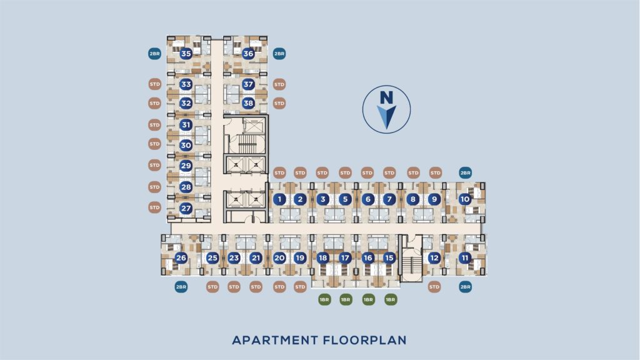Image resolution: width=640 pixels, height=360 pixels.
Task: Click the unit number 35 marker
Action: [x=186, y=54]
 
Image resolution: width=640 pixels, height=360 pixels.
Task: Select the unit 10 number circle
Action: [x=465, y=199]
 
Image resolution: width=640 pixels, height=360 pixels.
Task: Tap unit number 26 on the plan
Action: [x=181, y=257]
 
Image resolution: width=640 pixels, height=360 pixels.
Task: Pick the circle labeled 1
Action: [x=279, y=199]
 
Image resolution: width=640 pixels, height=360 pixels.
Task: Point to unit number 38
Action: [x=248, y=103]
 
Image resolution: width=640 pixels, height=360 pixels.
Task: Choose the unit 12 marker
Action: [x=434, y=257]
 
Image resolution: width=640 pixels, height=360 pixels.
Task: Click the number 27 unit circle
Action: [x=186, y=208]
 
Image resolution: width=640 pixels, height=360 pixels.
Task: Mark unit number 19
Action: [x=300, y=257]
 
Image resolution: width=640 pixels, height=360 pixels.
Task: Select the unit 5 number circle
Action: [x=345, y=199]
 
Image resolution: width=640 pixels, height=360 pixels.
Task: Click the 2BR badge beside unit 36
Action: [x=279, y=54]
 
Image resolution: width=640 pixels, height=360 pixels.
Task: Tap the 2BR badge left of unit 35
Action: [x=155, y=54]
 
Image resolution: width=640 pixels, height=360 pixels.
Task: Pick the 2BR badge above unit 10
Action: [x=465, y=172]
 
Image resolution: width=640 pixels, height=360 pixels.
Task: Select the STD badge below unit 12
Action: [x=434, y=287]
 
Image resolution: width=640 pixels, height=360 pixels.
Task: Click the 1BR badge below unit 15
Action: [x=391, y=299]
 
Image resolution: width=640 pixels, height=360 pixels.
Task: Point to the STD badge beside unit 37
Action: [x=279, y=84]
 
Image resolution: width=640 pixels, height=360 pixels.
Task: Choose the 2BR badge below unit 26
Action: [x=181, y=287]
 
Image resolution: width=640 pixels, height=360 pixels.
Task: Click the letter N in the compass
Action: [x=386, y=97]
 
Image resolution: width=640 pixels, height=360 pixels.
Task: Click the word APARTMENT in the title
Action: [x=275, y=340]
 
